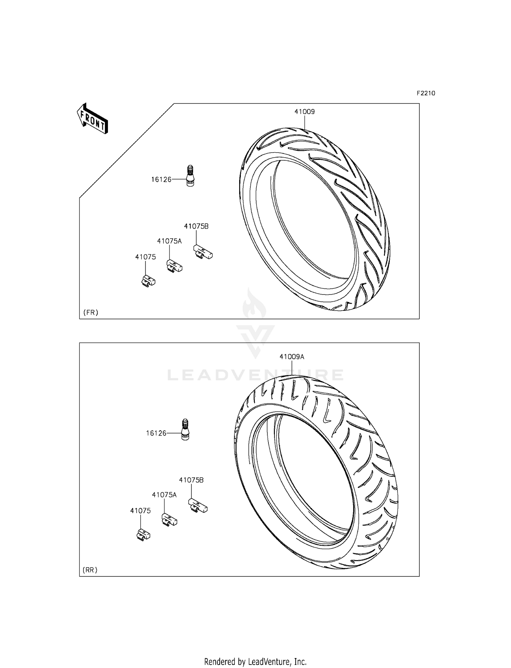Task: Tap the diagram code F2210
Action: click(x=426, y=93)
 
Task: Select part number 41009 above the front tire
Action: click(x=305, y=112)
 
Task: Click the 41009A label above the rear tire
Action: click(x=292, y=357)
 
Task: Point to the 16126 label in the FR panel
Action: click(x=161, y=179)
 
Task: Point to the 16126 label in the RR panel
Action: click(x=156, y=433)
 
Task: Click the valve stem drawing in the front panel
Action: click(x=190, y=176)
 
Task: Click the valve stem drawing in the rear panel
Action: click(x=185, y=430)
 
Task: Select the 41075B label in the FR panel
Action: click(x=196, y=226)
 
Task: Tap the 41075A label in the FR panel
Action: click(x=169, y=241)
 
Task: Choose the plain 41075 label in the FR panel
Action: click(x=145, y=257)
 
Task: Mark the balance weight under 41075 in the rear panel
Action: click(x=143, y=535)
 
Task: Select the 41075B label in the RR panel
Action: click(x=191, y=480)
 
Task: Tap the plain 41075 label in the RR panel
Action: click(x=140, y=511)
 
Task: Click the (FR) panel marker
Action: click(x=91, y=312)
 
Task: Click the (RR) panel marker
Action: click(x=90, y=570)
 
